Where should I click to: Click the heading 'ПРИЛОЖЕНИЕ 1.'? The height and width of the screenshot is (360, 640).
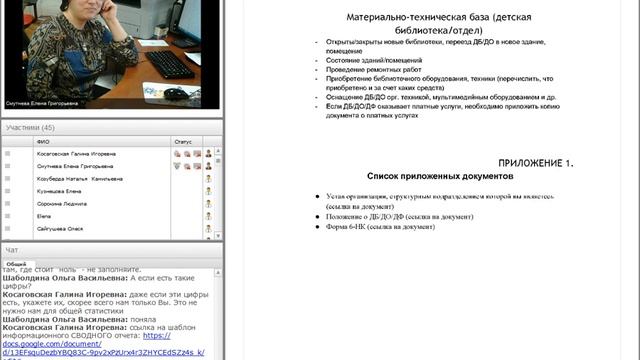[x=536, y=162]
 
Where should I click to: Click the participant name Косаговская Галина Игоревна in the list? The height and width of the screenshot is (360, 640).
[x=77, y=154]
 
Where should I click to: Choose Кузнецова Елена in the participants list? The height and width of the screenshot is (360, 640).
[x=59, y=190]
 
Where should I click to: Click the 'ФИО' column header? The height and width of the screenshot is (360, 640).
[x=43, y=142]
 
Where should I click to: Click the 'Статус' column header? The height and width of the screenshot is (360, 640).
[x=182, y=142]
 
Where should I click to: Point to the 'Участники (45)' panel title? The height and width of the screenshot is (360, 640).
[x=30, y=128]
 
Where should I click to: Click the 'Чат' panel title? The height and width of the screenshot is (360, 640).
[x=12, y=249]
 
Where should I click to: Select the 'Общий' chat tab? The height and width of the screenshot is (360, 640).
[x=16, y=264]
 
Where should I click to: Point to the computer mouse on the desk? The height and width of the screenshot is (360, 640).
[x=174, y=93]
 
